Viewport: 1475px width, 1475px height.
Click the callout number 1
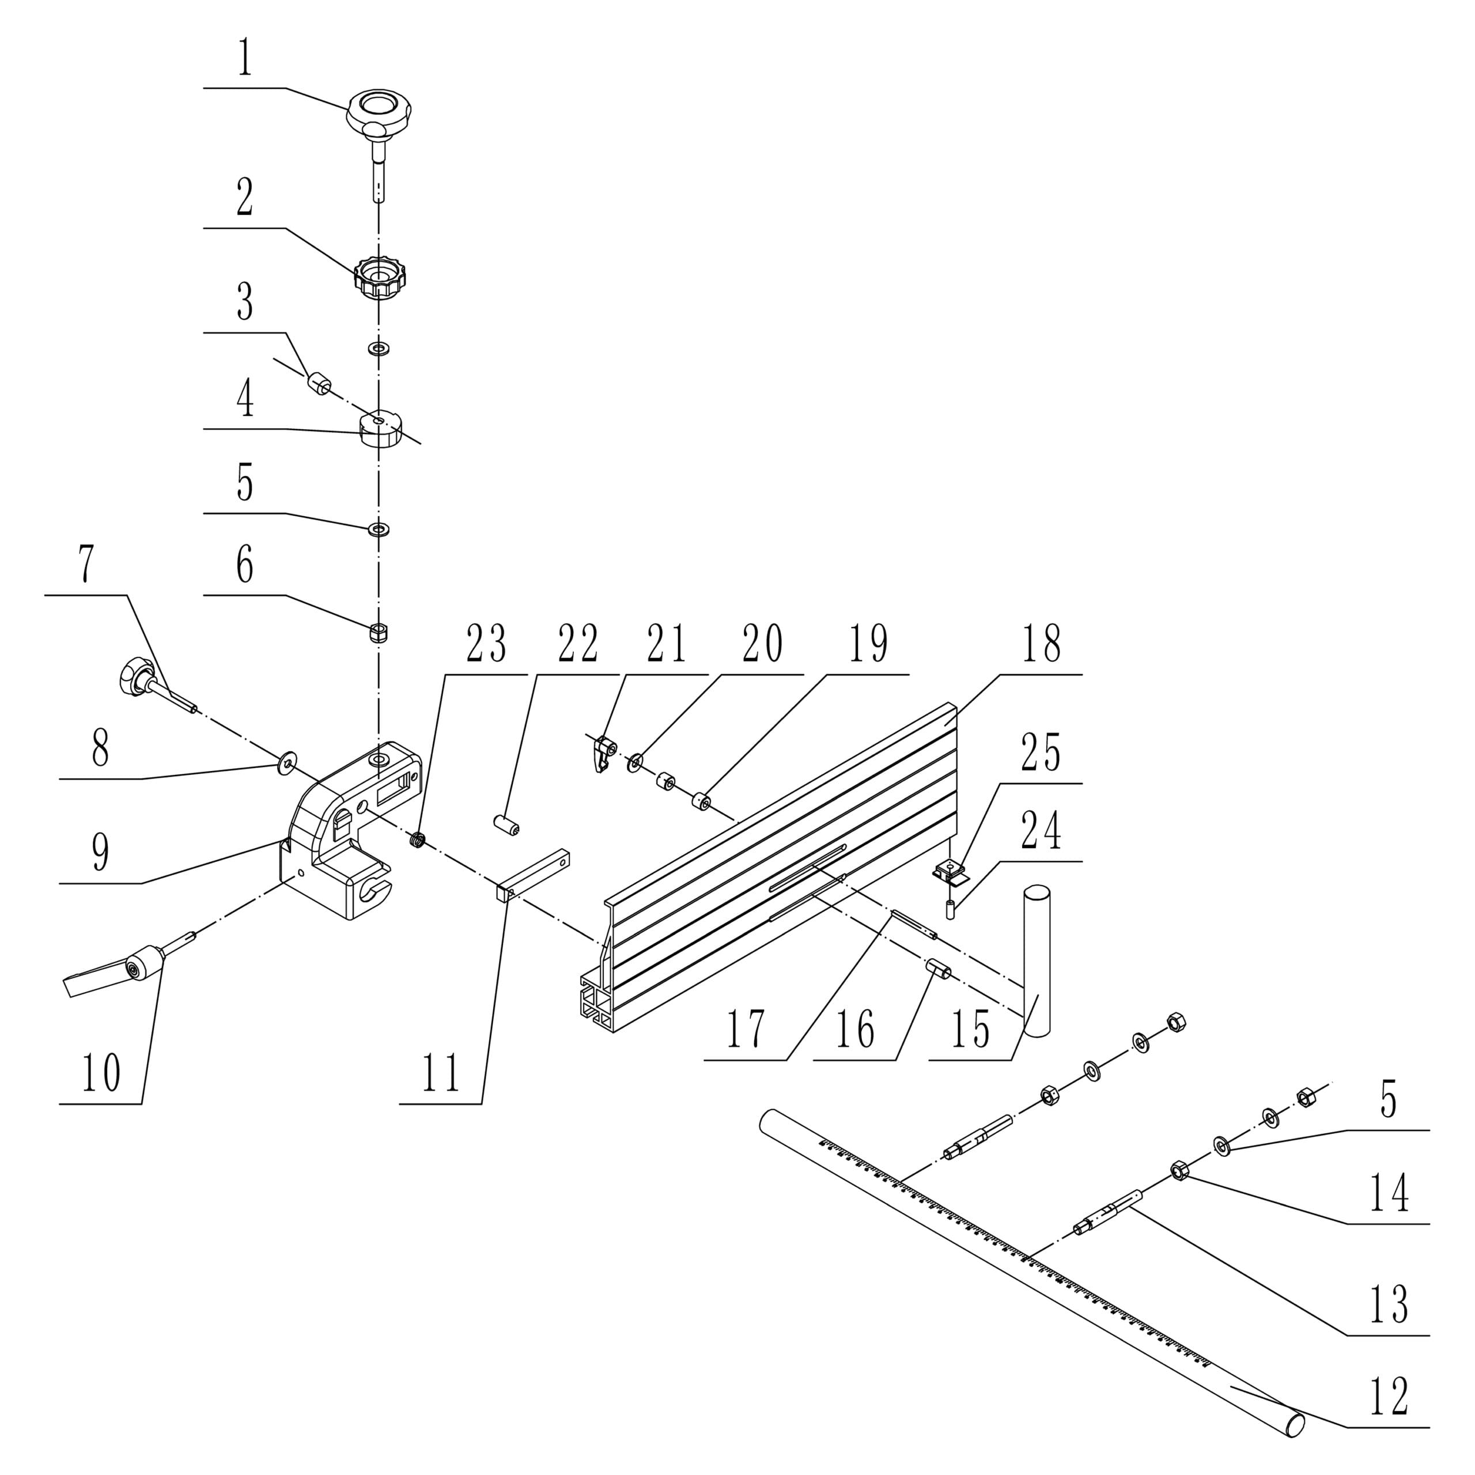point(244,59)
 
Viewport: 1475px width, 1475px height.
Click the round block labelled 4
point(380,430)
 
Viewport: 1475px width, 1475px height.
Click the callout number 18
point(1042,644)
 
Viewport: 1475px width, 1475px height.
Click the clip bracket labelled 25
point(948,869)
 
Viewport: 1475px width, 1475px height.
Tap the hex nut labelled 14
point(1179,1170)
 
